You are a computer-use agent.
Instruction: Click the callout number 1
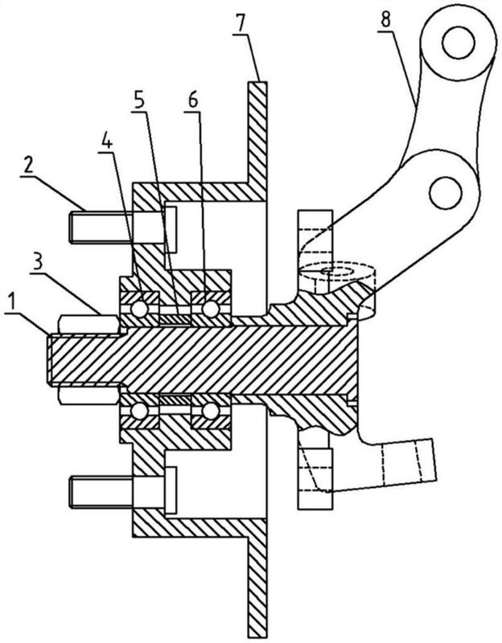tap(13, 303)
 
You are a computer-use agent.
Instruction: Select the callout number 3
tap(38, 264)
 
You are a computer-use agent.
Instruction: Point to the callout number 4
tap(106, 141)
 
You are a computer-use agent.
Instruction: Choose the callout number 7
tap(241, 24)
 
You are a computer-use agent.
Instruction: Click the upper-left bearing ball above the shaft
tap(139, 309)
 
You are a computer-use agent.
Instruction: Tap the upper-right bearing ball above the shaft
tap(210, 309)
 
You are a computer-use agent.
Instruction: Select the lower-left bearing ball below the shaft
tap(139, 411)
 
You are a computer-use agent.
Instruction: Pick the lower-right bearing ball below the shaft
tap(210, 411)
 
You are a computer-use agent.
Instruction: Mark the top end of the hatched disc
tap(257, 82)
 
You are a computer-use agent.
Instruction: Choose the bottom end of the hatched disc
tap(257, 637)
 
